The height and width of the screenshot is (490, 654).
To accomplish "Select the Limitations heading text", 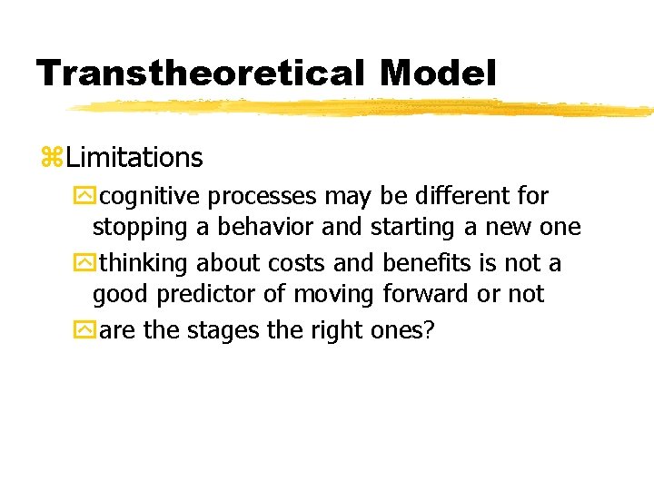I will click(x=134, y=158).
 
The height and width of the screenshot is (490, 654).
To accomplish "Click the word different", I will click(x=463, y=196).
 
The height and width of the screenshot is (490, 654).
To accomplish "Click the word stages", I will click(x=223, y=331).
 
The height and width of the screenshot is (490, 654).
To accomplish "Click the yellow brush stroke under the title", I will click(x=363, y=109).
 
